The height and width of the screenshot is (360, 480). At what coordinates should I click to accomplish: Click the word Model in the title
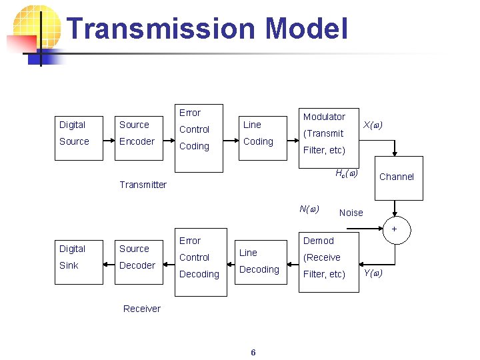click(x=306, y=29)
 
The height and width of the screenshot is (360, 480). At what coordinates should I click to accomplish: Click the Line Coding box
click(x=258, y=133)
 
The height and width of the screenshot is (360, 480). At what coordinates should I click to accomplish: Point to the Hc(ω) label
click(x=347, y=173)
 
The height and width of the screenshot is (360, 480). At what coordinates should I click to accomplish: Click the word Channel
click(x=397, y=177)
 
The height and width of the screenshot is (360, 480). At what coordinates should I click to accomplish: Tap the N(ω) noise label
click(x=309, y=209)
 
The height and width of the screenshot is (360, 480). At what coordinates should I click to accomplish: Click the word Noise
click(x=351, y=213)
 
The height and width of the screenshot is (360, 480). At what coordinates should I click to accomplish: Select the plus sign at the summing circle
click(x=394, y=229)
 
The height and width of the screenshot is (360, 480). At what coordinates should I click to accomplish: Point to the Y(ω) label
click(x=373, y=273)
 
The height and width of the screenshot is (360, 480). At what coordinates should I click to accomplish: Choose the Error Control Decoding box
click(x=198, y=257)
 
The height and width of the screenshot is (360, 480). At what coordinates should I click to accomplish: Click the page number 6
click(x=253, y=352)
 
